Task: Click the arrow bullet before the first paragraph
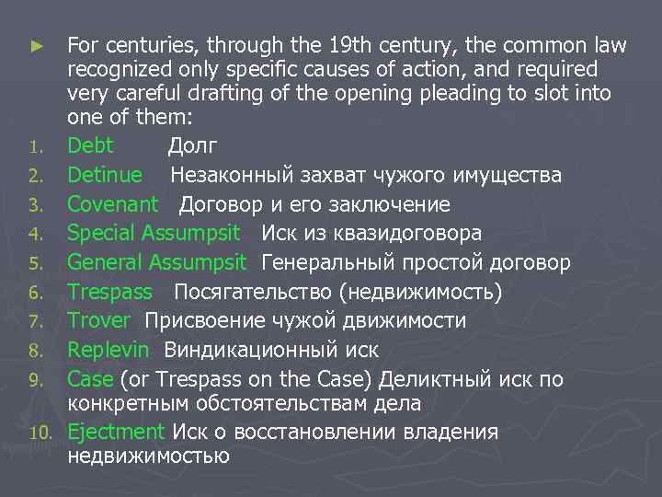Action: [x=38, y=44]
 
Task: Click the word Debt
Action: [x=90, y=145]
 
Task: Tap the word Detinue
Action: [x=105, y=175]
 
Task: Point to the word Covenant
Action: [x=113, y=204]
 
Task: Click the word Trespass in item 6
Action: [x=110, y=293]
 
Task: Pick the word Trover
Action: [x=99, y=321]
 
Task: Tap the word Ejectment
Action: [x=115, y=432]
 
